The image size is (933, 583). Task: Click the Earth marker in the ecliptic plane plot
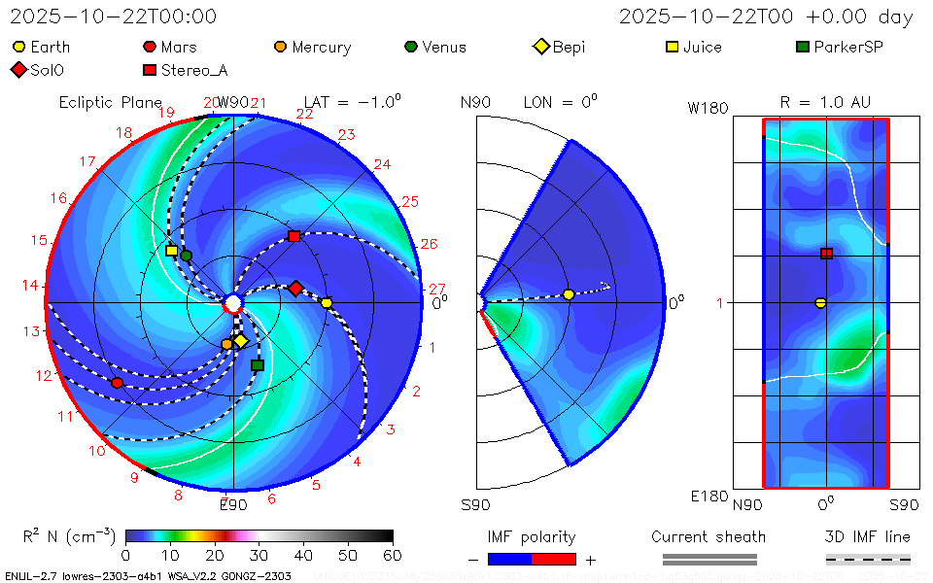pos(327,303)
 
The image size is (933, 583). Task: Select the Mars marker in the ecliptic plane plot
pos(118,383)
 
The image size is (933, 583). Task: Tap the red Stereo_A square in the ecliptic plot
pos(294,236)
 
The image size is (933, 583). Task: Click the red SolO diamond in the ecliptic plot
pos(295,288)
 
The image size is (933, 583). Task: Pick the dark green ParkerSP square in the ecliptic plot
pos(258,365)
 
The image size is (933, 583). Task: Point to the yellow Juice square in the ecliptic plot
pos(172,251)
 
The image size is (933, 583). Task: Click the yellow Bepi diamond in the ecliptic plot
pos(240,341)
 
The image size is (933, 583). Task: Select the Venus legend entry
pos(434,47)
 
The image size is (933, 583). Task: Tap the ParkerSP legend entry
pos(838,47)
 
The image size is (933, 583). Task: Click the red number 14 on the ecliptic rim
pos(30,285)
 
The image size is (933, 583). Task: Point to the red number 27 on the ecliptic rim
pos(437,289)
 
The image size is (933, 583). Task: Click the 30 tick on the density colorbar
pos(259,555)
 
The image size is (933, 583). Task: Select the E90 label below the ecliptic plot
pos(233,504)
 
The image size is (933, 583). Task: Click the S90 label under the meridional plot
pos(475,504)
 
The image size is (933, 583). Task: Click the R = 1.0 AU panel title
pos(825,102)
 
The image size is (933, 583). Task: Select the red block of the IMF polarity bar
pos(554,559)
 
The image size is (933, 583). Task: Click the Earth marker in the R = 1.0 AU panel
pos(820,302)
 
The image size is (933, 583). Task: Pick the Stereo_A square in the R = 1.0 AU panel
pos(826,254)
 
